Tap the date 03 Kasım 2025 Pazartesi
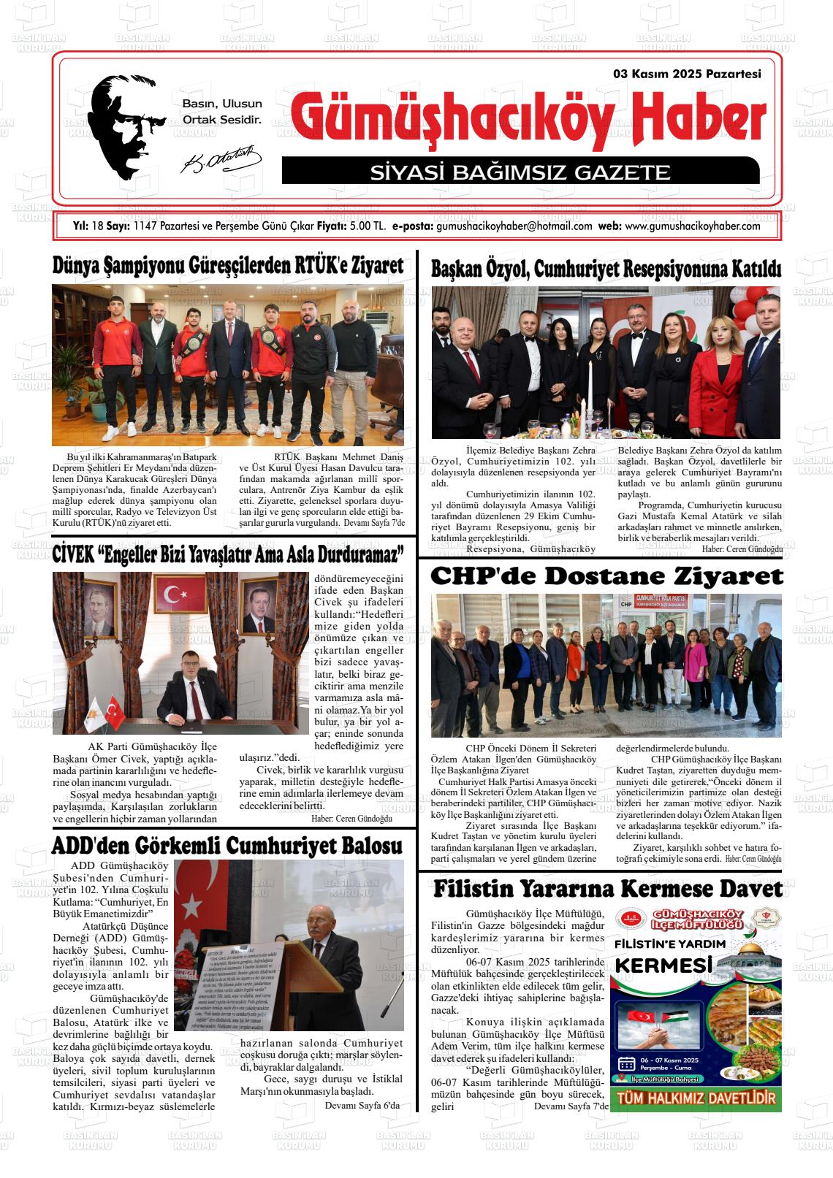pos(688,74)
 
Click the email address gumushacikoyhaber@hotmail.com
pos(514,226)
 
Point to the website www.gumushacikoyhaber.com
pos(693,226)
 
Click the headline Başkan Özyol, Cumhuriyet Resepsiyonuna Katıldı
pos(606,269)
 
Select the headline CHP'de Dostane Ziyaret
pos(606,576)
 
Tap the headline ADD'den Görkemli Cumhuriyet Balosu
pos(227,846)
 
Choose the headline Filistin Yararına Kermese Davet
pos(607,889)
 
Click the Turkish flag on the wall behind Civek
pos(175,594)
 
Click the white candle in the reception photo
pos(588,379)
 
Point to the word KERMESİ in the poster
pos(664,965)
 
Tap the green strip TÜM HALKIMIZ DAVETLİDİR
pos(696,1098)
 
